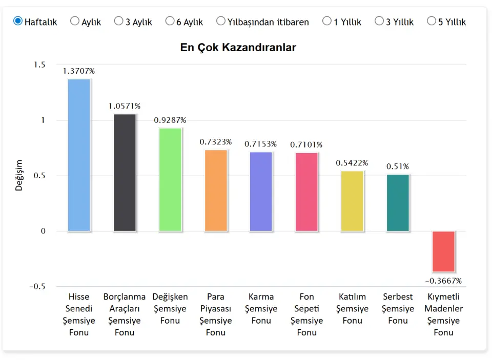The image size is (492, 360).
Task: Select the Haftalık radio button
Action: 18,21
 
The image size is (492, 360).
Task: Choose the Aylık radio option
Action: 75,21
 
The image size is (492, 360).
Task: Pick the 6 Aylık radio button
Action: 170,21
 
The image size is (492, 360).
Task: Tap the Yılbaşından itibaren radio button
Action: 221,21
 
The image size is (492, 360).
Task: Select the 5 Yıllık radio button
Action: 431,21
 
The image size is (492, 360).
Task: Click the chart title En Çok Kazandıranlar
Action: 238,48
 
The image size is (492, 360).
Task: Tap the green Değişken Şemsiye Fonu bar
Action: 170,179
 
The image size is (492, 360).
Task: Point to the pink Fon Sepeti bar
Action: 306,192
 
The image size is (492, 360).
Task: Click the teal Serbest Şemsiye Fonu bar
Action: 398,203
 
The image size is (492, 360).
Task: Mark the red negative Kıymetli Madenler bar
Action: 443,251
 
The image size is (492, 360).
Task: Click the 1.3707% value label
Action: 79,71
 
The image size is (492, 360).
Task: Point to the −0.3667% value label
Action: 443,281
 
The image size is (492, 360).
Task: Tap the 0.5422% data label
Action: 352,163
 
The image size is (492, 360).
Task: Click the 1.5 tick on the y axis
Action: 39,65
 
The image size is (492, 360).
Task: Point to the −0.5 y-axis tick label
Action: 37,286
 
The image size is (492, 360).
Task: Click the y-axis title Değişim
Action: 19,175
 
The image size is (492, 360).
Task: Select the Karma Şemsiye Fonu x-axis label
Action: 261,309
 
